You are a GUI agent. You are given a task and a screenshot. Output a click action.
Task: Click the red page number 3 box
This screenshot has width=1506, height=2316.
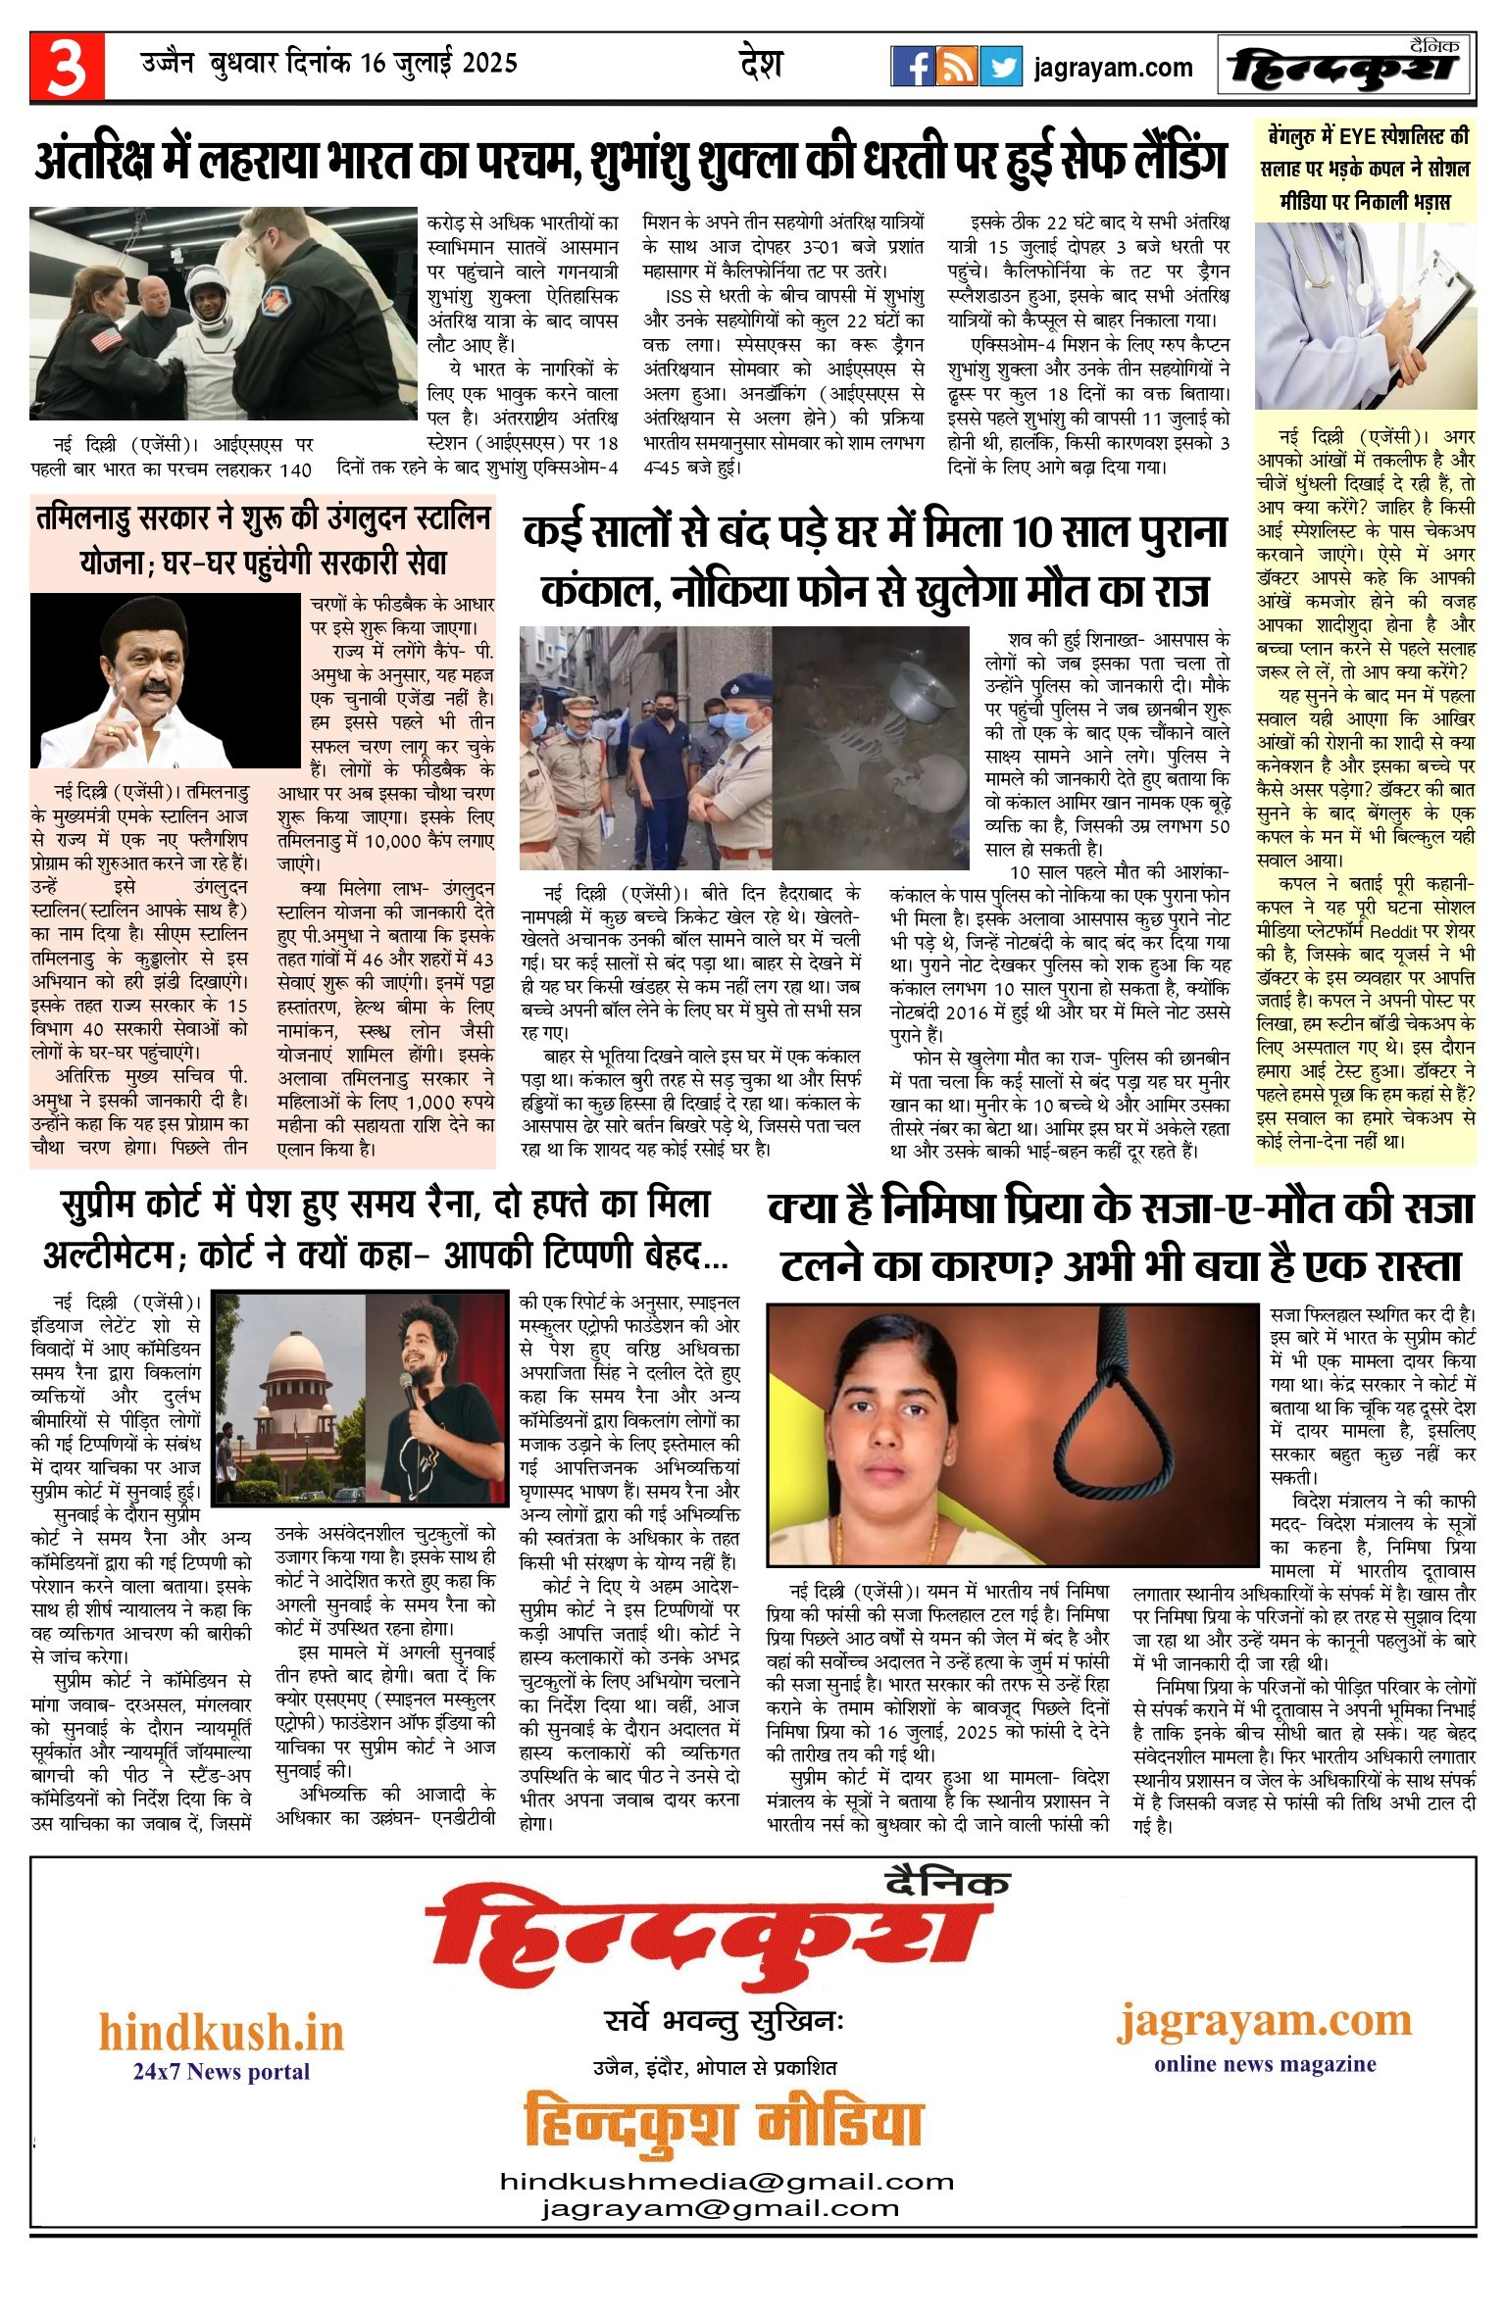(x=67, y=67)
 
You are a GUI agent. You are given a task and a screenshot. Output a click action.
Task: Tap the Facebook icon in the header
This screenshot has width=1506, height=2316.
(x=912, y=67)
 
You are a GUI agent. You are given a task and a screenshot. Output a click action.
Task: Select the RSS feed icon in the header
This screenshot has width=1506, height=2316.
(x=956, y=67)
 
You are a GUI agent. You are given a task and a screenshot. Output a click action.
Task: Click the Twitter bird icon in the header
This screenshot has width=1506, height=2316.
(x=1001, y=67)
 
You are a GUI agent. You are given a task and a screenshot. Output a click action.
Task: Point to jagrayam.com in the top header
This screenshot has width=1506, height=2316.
(x=1113, y=68)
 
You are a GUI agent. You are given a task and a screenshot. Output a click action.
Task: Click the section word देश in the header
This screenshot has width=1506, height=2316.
(x=761, y=65)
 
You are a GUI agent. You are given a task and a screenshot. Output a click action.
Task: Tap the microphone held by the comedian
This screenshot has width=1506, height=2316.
(x=405, y=1383)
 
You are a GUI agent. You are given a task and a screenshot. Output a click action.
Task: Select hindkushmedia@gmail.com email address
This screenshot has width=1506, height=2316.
(x=727, y=2181)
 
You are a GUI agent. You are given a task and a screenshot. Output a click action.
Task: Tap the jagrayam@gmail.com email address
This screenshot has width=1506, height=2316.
(x=720, y=2208)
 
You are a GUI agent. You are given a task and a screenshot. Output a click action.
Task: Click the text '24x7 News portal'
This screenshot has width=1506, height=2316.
(x=222, y=2071)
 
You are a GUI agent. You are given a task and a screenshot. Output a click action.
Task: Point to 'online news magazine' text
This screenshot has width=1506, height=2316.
(x=1265, y=2063)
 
